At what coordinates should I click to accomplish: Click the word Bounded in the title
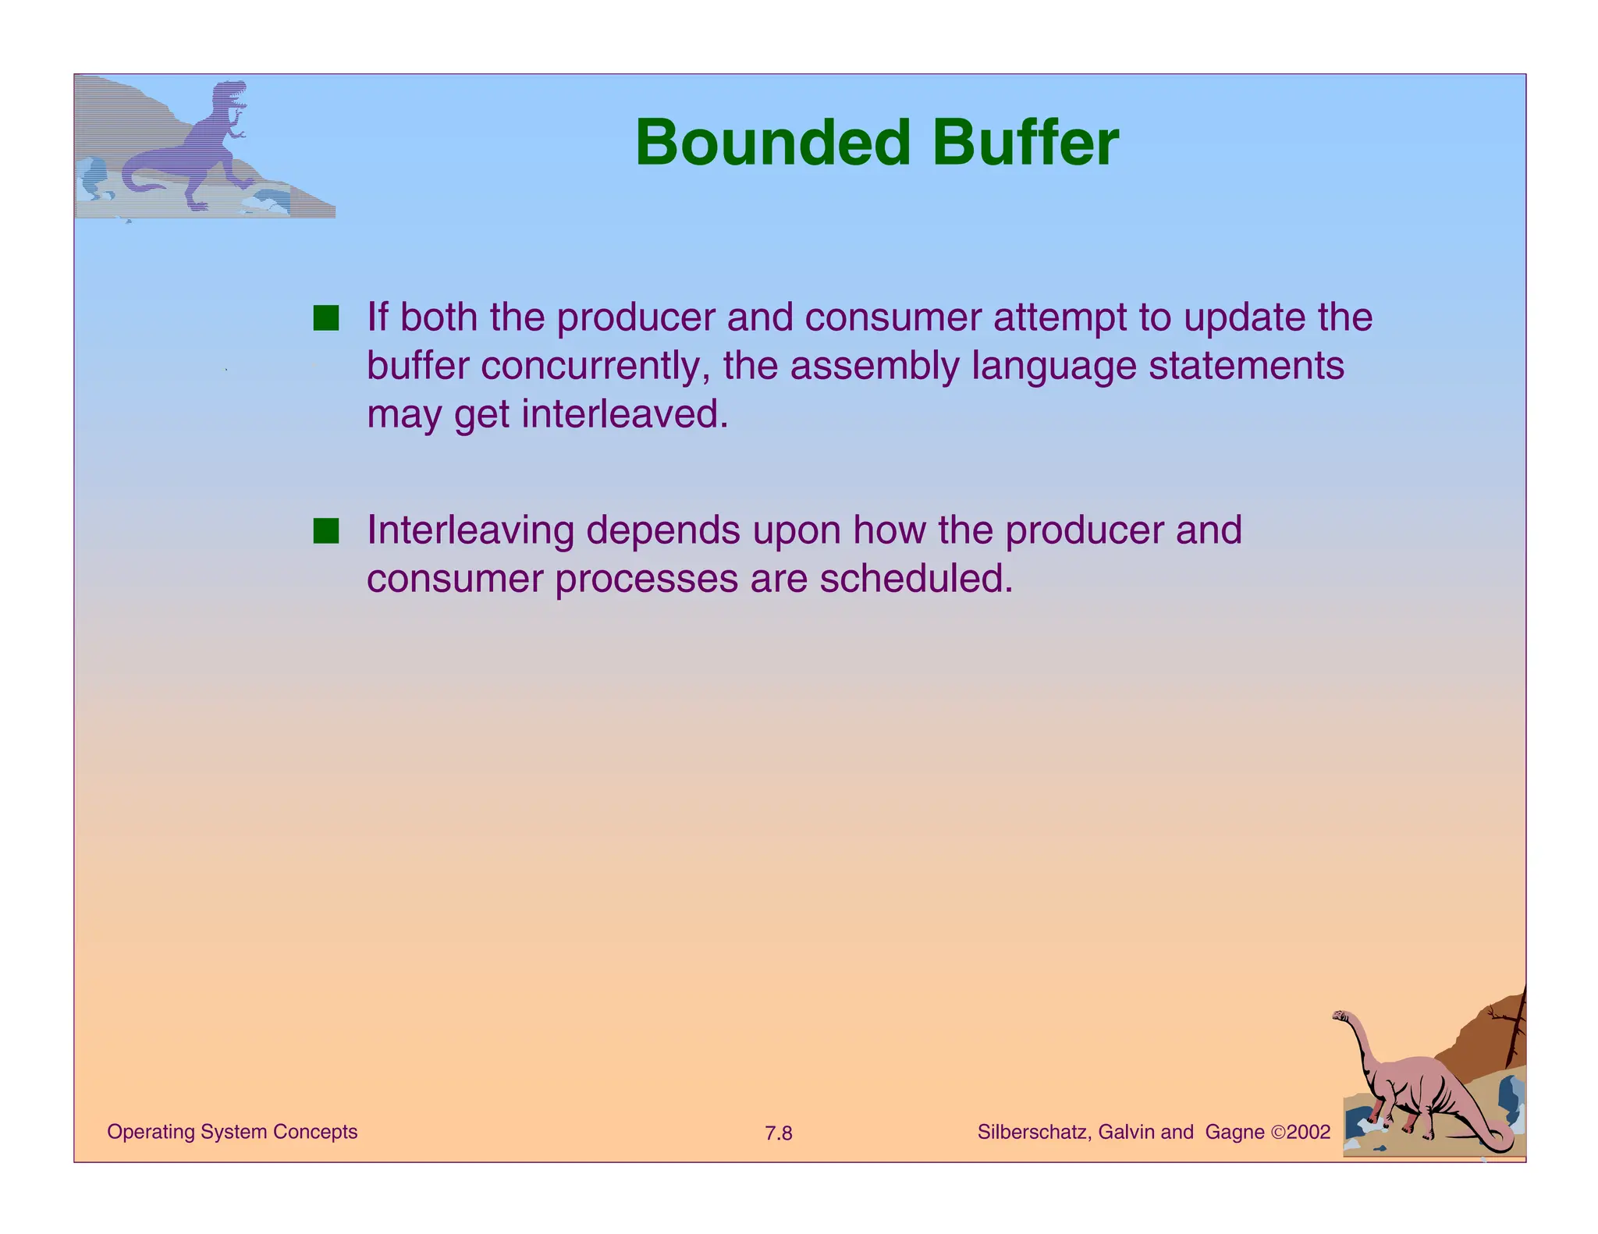(772, 143)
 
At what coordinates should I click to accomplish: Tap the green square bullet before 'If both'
(326, 318)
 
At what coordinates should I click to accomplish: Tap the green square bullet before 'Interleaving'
(326, 531)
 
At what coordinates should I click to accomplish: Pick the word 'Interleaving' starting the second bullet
(471, 531)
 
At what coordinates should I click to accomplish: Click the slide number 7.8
(778, 1133)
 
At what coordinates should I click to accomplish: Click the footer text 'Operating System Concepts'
(232, 1132)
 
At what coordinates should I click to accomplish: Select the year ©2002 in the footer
(1300, 1133)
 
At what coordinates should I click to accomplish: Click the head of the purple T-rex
(231, 93)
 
